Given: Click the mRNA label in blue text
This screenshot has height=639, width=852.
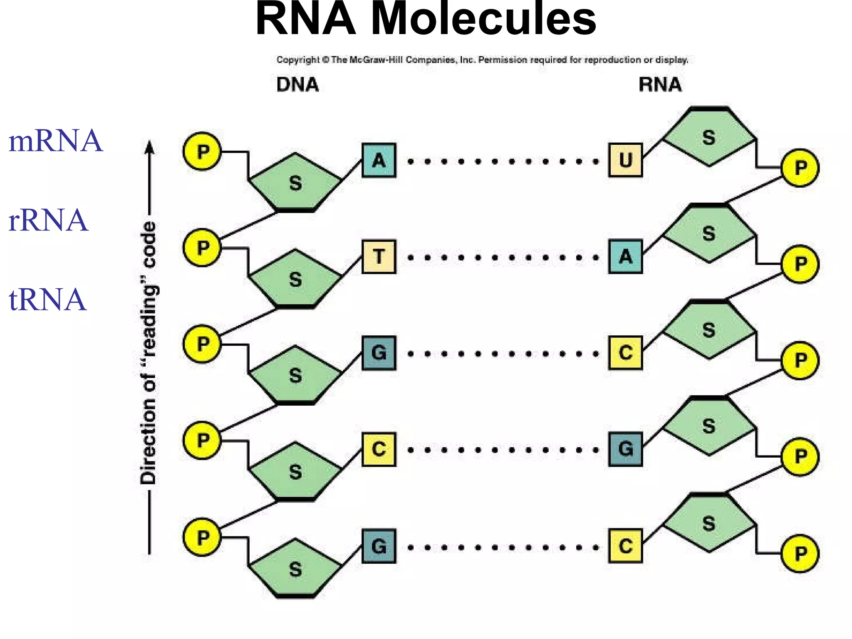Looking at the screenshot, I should click(55, 141).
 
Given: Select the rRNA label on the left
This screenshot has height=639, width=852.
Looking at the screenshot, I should click(48, 220).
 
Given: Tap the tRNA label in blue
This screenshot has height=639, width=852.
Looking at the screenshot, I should click(47, 300).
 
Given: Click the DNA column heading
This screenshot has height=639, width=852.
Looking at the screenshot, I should click(297, 85).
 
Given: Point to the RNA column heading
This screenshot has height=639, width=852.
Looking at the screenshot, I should click(660, 85).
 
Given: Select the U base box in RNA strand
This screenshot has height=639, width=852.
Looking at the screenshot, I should click(625, 160).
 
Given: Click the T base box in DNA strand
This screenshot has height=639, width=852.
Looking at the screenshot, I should click(379, 256).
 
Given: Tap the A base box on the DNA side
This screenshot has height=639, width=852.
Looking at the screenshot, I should click(379, 160).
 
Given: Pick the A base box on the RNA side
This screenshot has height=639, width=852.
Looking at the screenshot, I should click(625, 256).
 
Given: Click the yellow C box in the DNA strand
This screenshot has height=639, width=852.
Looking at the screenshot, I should click(379, 449).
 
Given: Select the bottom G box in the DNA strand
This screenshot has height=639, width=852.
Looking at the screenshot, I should click(379, 546).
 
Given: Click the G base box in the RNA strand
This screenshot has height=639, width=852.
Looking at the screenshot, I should click(625, 449).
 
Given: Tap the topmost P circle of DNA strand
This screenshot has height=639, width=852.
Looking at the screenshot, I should click(202, 151).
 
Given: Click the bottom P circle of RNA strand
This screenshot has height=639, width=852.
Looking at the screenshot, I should click(800, 553).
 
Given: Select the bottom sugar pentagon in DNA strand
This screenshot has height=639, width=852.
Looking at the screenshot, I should click(295, 569).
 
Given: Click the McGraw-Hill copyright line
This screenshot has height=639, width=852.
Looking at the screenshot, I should click(483, 60).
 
